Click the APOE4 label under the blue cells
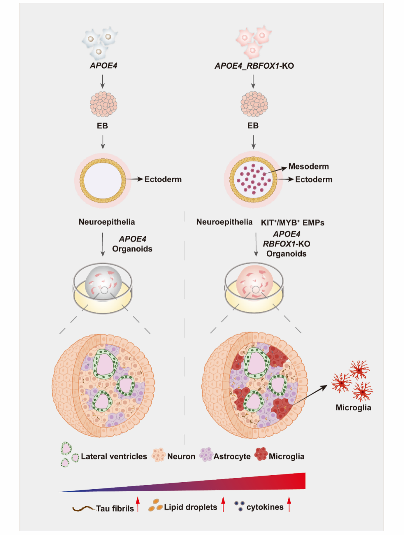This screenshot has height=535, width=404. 104,66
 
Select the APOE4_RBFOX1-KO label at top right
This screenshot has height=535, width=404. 254,66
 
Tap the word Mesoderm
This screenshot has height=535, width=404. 308,166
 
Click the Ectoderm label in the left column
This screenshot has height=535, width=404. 163,179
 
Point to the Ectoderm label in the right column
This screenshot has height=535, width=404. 314,180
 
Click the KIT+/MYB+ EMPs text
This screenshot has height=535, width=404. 293,222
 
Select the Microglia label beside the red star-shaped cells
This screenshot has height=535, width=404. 353,408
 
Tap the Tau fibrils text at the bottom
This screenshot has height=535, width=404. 115,508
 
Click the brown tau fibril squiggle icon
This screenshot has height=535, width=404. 84,509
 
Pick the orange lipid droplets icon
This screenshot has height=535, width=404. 155,505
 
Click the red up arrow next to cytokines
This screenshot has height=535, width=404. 289,504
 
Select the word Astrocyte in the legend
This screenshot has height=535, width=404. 232,457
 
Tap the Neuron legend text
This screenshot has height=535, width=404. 181,457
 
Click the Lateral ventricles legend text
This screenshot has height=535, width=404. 114,457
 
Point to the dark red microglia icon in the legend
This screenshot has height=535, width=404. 261,454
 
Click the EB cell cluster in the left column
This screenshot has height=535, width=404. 104,104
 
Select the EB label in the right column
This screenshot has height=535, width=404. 253,126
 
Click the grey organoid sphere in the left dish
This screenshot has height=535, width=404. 103,283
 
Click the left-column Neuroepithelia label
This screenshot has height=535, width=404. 107,222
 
